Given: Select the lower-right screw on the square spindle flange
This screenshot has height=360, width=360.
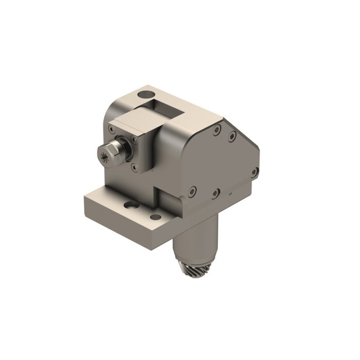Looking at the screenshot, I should point(135,166).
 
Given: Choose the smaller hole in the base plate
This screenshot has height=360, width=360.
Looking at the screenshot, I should point(155,218).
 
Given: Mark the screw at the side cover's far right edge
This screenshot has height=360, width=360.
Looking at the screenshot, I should point(253,171).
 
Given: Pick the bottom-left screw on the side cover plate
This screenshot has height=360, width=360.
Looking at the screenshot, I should point(192,190).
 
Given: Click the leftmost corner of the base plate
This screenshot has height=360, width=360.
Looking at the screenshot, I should point(84,198).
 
